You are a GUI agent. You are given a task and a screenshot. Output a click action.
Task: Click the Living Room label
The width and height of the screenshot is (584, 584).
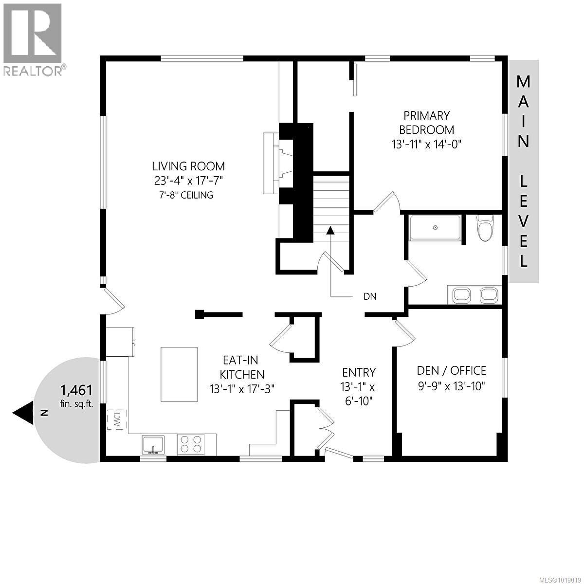tap(189, 166)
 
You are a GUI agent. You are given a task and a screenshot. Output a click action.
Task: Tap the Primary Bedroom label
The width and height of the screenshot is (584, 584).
tap(426, 123)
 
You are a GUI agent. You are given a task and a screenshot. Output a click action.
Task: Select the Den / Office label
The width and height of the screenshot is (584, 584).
tap(451, 371)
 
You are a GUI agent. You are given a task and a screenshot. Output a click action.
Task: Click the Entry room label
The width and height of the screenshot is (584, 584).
tap(359, 373)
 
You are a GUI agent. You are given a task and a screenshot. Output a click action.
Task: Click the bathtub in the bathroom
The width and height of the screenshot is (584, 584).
tap(435, 228)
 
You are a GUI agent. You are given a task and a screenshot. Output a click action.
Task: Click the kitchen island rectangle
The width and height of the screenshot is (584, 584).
tap(179, 374)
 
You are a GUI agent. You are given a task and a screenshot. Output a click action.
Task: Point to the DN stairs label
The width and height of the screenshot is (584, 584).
tap(370, 296)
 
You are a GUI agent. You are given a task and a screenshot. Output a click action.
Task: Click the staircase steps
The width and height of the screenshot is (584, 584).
tap(331, 200)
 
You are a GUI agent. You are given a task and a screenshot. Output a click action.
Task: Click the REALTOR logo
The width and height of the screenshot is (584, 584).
tap(33, 39)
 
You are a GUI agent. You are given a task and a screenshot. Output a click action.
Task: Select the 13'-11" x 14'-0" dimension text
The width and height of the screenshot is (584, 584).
tap(426, 144)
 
